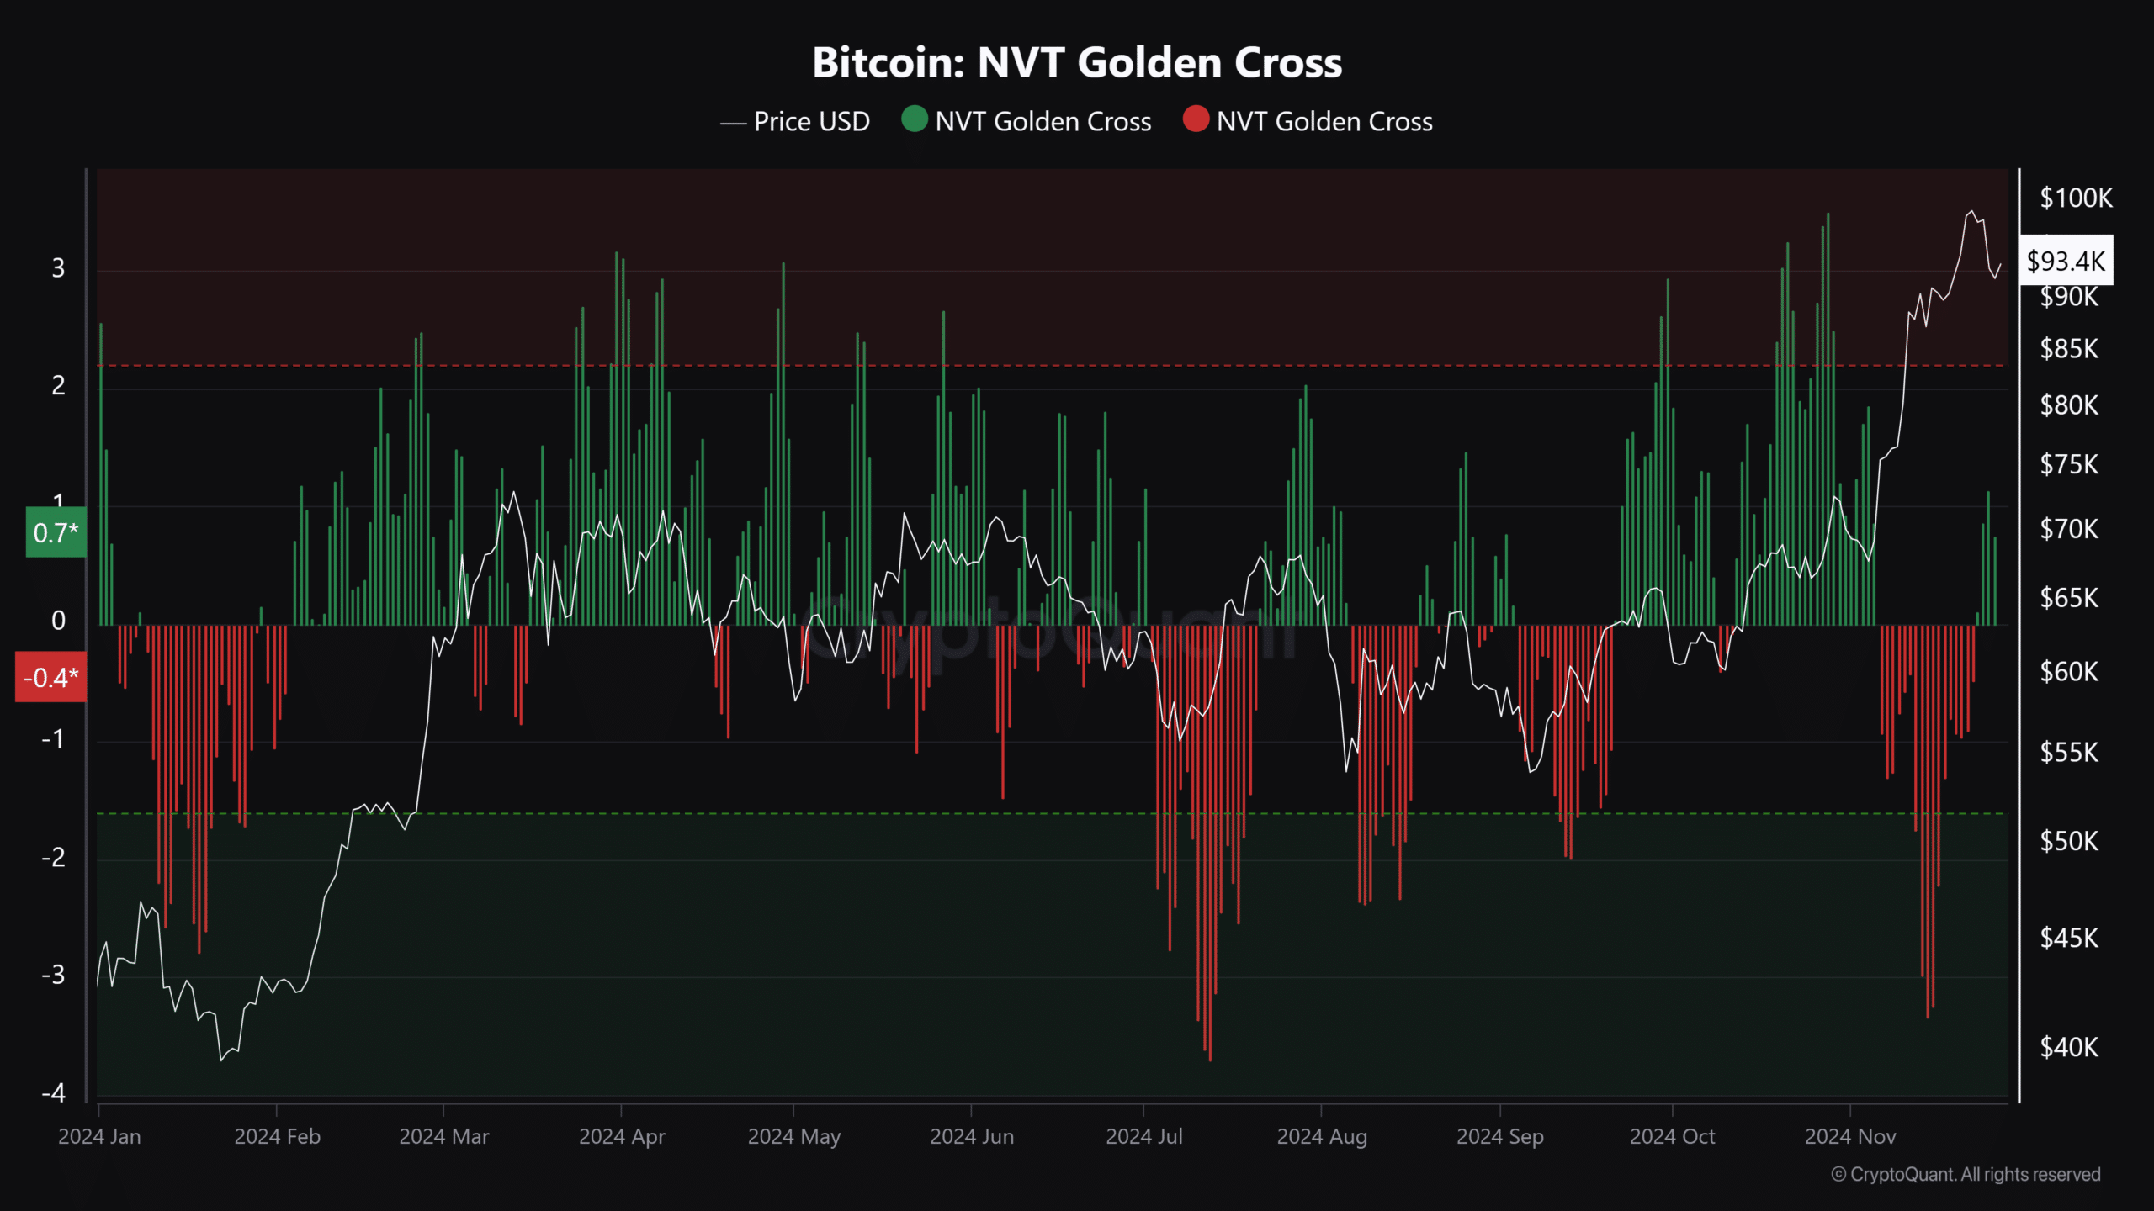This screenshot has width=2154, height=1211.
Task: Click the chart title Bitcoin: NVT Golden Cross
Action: [x=1077, y=63]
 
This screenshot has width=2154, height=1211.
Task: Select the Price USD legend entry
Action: [x=795, y=122]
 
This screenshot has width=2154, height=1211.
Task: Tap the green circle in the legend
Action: [x=915, y=119]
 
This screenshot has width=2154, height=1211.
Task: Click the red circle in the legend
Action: [x=1196, y=119]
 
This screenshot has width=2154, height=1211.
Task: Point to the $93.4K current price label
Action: [x=2066, y=261]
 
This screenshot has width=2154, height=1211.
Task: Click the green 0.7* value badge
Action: [x=56, y=532]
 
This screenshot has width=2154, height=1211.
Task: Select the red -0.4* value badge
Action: [x=50, y=677]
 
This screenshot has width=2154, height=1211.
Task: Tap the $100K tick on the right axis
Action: [x=2076, y=198]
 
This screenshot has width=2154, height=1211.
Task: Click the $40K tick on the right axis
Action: [x=2069, y=1048]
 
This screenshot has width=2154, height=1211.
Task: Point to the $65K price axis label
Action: [x=2069, y=598]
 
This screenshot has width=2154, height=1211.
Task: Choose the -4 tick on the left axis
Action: [x=54, y=1093]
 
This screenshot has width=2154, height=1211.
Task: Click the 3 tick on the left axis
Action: [x=58, y=268]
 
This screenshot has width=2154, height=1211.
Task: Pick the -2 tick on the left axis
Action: [x=54, y=858]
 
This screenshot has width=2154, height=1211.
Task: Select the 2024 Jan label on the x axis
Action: [x=99, y=1137]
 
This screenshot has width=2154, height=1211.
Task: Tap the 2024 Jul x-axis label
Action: [x=1144, y=1137]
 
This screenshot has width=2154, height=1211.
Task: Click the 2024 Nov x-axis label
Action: [x=1850, y=1137]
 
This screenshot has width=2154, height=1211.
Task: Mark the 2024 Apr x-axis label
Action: [x=622, y=1137]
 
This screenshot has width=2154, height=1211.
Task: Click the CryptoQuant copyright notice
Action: [x=1966, y=1175]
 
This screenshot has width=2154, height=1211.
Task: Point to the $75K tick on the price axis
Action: [x=2069, y=464]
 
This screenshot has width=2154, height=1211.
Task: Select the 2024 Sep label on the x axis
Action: [x=1500, y=1137]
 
